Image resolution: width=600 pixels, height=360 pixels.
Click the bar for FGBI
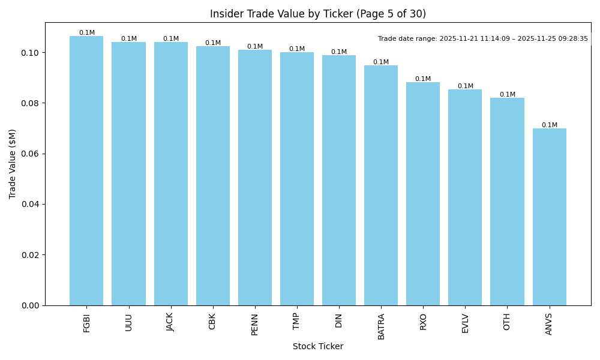point(86,171)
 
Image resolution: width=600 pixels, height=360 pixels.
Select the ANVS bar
point(549,217)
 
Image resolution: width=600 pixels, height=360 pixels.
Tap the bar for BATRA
point(381,185)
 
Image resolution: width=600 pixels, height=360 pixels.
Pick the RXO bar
point(423,194)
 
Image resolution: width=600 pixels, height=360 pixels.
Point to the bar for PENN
point(255,178)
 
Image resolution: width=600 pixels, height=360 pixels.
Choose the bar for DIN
point(339,180)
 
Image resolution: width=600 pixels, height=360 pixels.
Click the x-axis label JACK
point(170,322)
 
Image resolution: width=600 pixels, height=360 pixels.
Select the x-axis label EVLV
point(465,323)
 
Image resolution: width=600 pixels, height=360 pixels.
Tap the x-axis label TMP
point(297,321)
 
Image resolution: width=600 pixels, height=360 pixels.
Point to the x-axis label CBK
point(212,321)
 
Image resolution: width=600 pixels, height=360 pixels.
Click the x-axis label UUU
point(128,322)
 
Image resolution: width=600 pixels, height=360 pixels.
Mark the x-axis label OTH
point(507,322)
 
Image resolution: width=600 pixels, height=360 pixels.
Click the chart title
point(318,14)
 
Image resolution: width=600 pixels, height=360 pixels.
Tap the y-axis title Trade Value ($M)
point(13,164)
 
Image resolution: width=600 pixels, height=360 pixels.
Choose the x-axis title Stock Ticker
point(318,346)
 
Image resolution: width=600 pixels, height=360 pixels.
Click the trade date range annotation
point(483,39)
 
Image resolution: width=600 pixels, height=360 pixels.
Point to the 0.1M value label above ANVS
point(549,125)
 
